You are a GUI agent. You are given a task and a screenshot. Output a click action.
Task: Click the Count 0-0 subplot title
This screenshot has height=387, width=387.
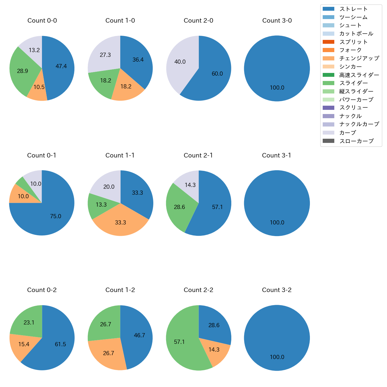point(42,21)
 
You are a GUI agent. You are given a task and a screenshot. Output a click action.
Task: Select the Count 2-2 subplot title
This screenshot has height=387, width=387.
point(198,290)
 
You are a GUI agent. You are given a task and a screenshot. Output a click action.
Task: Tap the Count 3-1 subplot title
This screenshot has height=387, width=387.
point(277,155)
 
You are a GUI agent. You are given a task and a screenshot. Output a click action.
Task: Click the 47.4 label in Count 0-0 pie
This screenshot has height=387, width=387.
point(61,66)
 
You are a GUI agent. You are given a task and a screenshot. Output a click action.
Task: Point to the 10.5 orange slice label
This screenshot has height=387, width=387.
point(39,87)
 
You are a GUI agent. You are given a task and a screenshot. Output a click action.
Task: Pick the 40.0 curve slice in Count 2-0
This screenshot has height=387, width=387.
point(180,62)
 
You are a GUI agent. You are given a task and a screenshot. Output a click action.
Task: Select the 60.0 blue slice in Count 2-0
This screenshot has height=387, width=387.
point(217,74)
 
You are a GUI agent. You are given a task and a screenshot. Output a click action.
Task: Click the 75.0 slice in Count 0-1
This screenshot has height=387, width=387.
point(56,216)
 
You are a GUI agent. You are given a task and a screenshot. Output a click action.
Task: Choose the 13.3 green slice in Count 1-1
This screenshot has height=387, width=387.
point(101,205)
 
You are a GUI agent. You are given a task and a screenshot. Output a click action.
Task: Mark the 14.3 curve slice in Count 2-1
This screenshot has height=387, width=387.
point(190,185)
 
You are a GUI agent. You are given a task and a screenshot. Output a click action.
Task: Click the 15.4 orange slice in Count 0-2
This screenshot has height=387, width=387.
point(24,344)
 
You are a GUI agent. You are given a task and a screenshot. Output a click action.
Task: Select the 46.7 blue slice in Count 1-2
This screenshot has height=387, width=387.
point(139,335)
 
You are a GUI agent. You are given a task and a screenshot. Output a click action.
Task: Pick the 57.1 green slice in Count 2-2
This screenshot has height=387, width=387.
point(180,342)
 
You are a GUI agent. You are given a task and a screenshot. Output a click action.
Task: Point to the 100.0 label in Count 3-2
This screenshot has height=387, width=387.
point(277,357)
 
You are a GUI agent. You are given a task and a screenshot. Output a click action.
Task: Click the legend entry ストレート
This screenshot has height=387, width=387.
point(353,9)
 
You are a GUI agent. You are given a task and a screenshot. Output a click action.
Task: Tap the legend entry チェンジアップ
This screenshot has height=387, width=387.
point(359,58)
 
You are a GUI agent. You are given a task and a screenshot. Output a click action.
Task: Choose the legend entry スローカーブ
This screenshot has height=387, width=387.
point(356,141)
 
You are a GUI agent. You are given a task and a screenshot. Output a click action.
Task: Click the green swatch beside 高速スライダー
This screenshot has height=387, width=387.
point(328,75)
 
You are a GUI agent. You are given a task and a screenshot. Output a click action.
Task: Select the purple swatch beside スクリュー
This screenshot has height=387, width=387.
point(328,108)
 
